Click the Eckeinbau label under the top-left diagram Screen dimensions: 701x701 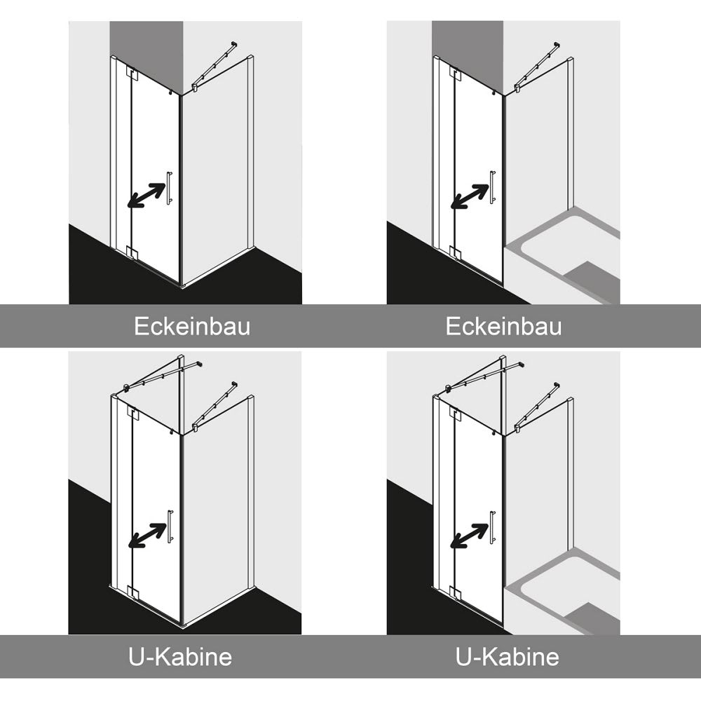(x=192, y=327)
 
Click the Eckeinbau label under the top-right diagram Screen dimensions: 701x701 (x=503, y=327)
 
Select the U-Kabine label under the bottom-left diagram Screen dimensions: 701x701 (x=180, y=657)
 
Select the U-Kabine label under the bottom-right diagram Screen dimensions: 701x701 (x=508, y=657)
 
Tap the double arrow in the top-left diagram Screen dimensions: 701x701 (x=147, y=196)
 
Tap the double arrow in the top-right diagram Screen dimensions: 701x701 (x=469, y=197)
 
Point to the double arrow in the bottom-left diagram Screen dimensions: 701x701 (x=147, y=535)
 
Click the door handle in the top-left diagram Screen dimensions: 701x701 (x=170, y=188)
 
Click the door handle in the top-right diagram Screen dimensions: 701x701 (x=492, y=187)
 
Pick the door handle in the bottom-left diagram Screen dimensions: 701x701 (x=170, y=526)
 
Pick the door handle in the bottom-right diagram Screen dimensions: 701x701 (x=492, y=527)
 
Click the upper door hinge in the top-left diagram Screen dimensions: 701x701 (x=131, y=74)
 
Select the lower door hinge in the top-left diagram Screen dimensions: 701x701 (x=132, y=252)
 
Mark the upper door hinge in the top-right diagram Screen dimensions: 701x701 (x=455, y=74)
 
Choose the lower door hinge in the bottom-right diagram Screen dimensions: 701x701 (x=455, y=592)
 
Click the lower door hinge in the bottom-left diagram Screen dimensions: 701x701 (x=132, y=592)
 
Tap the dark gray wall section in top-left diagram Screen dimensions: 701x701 (x=147, y=56)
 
